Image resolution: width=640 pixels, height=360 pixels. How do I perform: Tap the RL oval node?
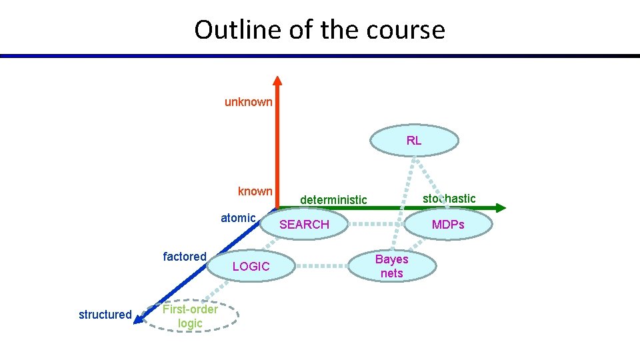click(x=414, y=141)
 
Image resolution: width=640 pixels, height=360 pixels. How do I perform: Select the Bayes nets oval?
click(x=392, y=266)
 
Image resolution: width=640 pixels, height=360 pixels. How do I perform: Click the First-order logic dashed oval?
click(x=190, y=316)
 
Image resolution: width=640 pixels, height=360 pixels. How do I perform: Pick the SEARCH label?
click(x=304, y=225)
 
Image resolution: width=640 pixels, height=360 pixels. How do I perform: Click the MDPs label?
click(x=448, y=225)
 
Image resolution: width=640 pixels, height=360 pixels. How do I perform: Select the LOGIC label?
click(x=251, y=267)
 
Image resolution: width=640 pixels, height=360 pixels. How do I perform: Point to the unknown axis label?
click(x=248, y=102)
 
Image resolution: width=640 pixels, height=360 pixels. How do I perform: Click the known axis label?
click(x=255, y=191)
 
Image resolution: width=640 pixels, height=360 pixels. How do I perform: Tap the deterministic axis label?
click(x=333, y=200)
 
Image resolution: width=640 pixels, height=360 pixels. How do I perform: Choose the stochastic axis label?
click(x=449, y=199)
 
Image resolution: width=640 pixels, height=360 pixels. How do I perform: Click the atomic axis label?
click(x=238, y=218)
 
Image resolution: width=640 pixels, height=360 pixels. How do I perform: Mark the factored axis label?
click(x=185, y=257)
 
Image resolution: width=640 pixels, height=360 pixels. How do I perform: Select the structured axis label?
click(x=105, y=315)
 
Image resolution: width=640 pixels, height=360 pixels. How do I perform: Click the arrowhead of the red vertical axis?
click(x=277, y=81)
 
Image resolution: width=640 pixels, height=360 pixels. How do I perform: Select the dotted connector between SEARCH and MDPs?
click(x=377, y=225)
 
